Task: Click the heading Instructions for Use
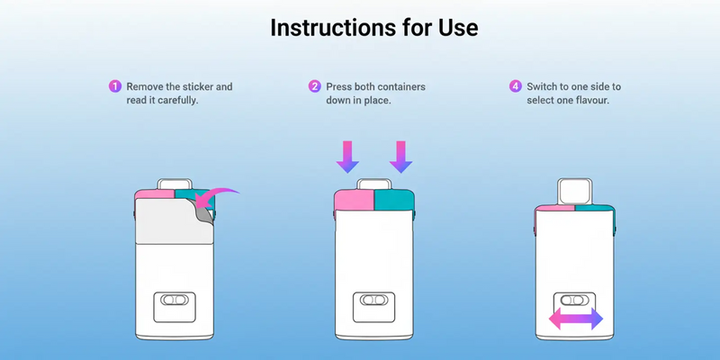click(373, 28)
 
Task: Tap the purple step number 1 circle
click(114, 87)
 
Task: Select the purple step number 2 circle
click(314, 87)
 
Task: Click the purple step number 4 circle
click(515, 87)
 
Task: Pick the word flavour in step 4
click(590, 100)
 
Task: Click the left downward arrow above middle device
click(346, 155)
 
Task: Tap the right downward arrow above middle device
click(400, 155)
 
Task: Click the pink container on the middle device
click(354, 200)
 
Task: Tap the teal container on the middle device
click(392, 200)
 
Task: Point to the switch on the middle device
click(372, 301)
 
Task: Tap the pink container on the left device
click(152, 193)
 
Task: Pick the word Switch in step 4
click(546, 87)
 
